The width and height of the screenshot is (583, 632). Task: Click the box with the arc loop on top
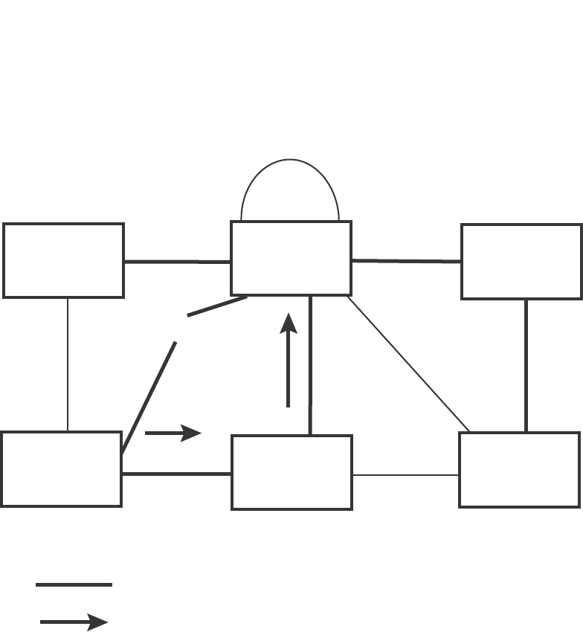[x=291, y=258]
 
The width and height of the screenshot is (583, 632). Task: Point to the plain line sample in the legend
[x=74, y=585]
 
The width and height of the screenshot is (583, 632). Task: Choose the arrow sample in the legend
[x=74, y=622]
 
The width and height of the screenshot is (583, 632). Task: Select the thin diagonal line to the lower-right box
[x=408, y=364]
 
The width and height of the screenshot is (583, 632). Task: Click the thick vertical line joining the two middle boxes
[x=310, y=364]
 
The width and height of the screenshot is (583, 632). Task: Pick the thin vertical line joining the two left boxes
[x=68, y=364]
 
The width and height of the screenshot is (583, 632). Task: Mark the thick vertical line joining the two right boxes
[x=526, y=365]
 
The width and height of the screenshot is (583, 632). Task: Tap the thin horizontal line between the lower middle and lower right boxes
[x=405, y=474]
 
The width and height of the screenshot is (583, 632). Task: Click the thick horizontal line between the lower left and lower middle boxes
[x=177, y=474]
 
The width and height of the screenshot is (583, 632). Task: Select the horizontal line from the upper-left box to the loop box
[x=177, y=262]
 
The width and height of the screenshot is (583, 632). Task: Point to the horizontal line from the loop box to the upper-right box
[x=406, y=261]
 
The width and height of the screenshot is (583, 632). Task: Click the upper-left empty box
[x=63, y=260]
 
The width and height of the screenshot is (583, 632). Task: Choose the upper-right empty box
[x=521, y=261]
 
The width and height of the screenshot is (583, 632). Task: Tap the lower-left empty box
[x=61, y=469]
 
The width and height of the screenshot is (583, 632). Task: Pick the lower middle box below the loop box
[x=291, y=472]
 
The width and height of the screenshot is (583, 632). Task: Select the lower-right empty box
[x=520, y=470]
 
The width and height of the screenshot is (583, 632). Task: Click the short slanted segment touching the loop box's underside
[x=217, y=307]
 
